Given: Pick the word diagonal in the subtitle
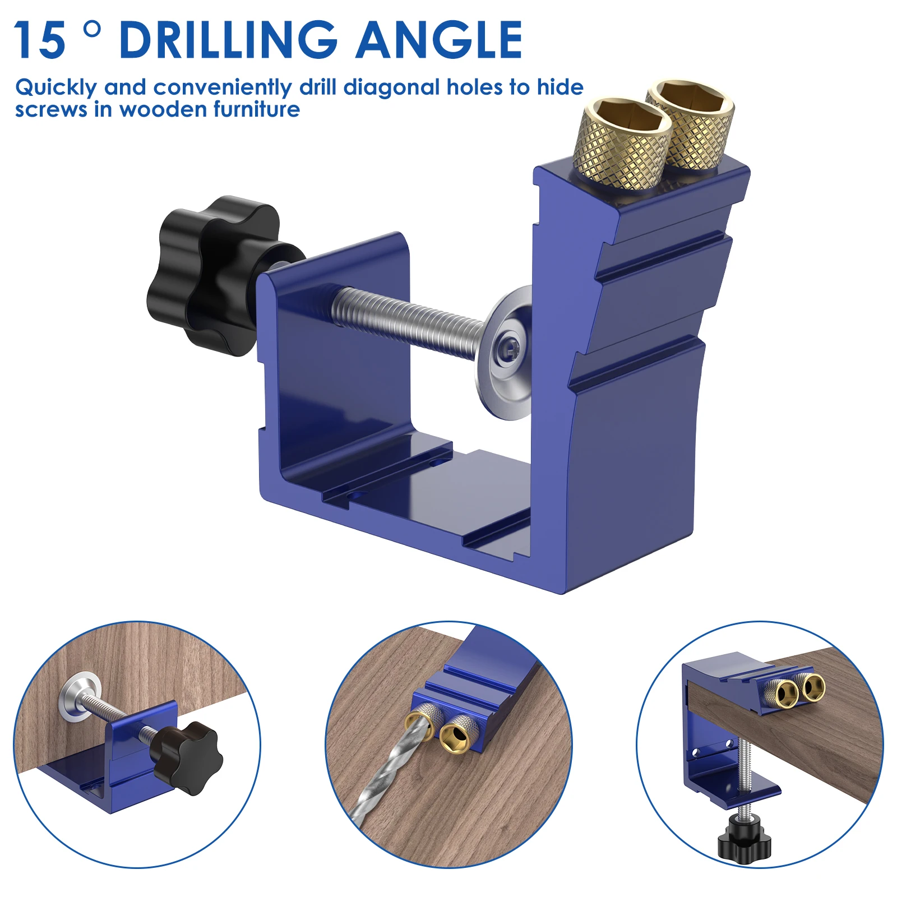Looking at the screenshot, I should click(x=392, y=87).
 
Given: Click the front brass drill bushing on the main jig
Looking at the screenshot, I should click(x=622, y=144).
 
